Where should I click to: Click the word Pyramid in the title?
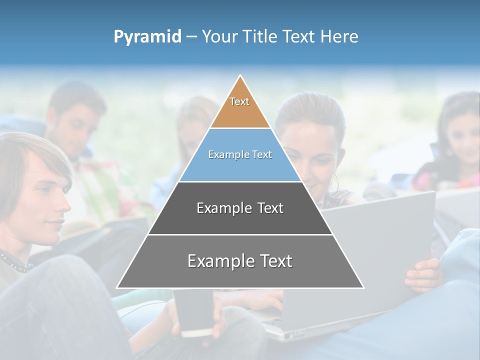(147, 37)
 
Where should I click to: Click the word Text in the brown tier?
(239, 101)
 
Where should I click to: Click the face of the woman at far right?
(462, 135)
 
